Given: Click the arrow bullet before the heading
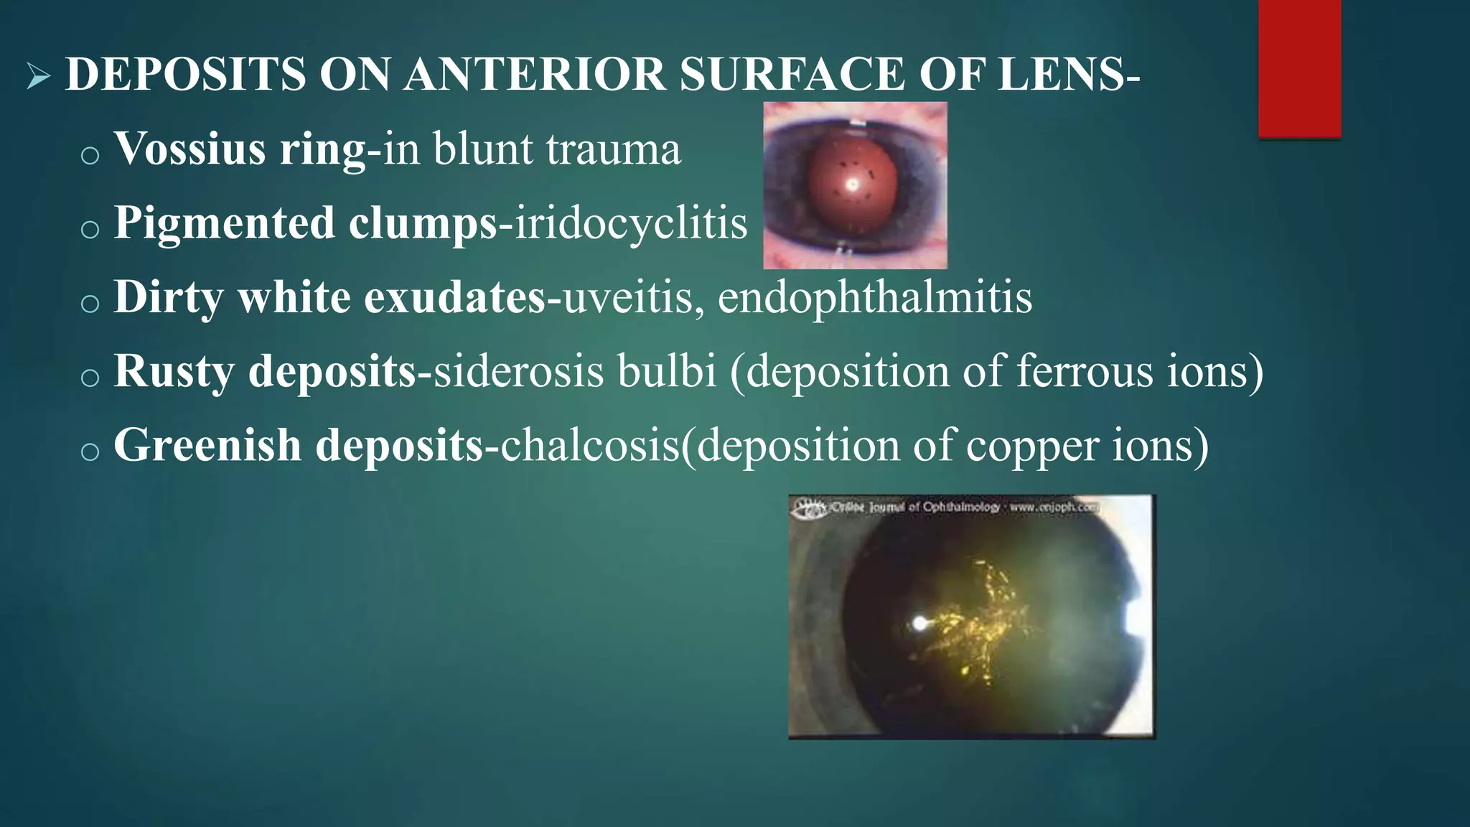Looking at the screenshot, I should pos(38,75).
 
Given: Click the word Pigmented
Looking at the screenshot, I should pos(224,223).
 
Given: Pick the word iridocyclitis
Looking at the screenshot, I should pos(631,223).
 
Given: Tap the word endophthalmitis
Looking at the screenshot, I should pos(874,297).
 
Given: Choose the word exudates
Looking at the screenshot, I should pos(455,297).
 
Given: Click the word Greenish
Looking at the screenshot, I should pos(207,445).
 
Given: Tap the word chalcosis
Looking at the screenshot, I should pos(589,445).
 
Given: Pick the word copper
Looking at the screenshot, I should pos(1031,447).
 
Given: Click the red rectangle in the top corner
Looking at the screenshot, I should pos(1299,68).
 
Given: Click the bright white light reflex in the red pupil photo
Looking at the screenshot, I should pos(853,184).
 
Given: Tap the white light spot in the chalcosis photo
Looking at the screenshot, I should pos(919,623).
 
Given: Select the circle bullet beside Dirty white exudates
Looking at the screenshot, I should pos(90,304).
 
